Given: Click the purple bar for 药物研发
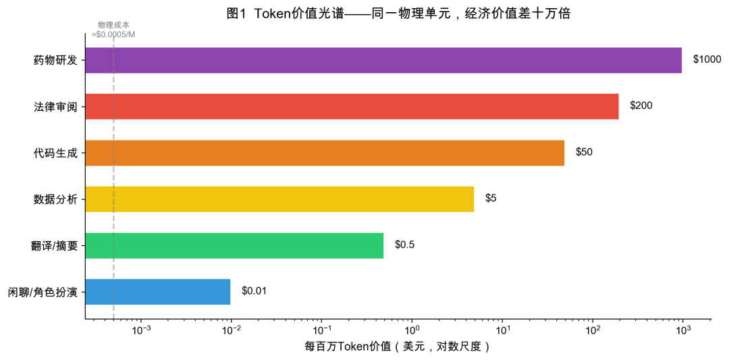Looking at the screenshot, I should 383,60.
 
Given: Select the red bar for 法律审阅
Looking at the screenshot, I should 352,106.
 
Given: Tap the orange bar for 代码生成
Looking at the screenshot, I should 325,153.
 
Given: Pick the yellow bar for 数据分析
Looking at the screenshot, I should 279,199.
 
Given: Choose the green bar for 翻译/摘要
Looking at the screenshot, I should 234,245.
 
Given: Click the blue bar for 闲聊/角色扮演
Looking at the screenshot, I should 158,291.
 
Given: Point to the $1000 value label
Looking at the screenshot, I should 707,60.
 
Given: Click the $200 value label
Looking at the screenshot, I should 641,106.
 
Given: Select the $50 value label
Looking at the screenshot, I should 584,153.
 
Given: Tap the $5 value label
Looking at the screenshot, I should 491,199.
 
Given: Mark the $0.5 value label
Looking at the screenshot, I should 404,245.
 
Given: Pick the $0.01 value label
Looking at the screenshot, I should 254,291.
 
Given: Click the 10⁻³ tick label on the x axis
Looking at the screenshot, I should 141,330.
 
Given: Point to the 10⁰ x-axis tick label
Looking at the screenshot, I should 412,330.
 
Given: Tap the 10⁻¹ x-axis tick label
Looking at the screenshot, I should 321,330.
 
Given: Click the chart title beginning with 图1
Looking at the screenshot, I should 398,14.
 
